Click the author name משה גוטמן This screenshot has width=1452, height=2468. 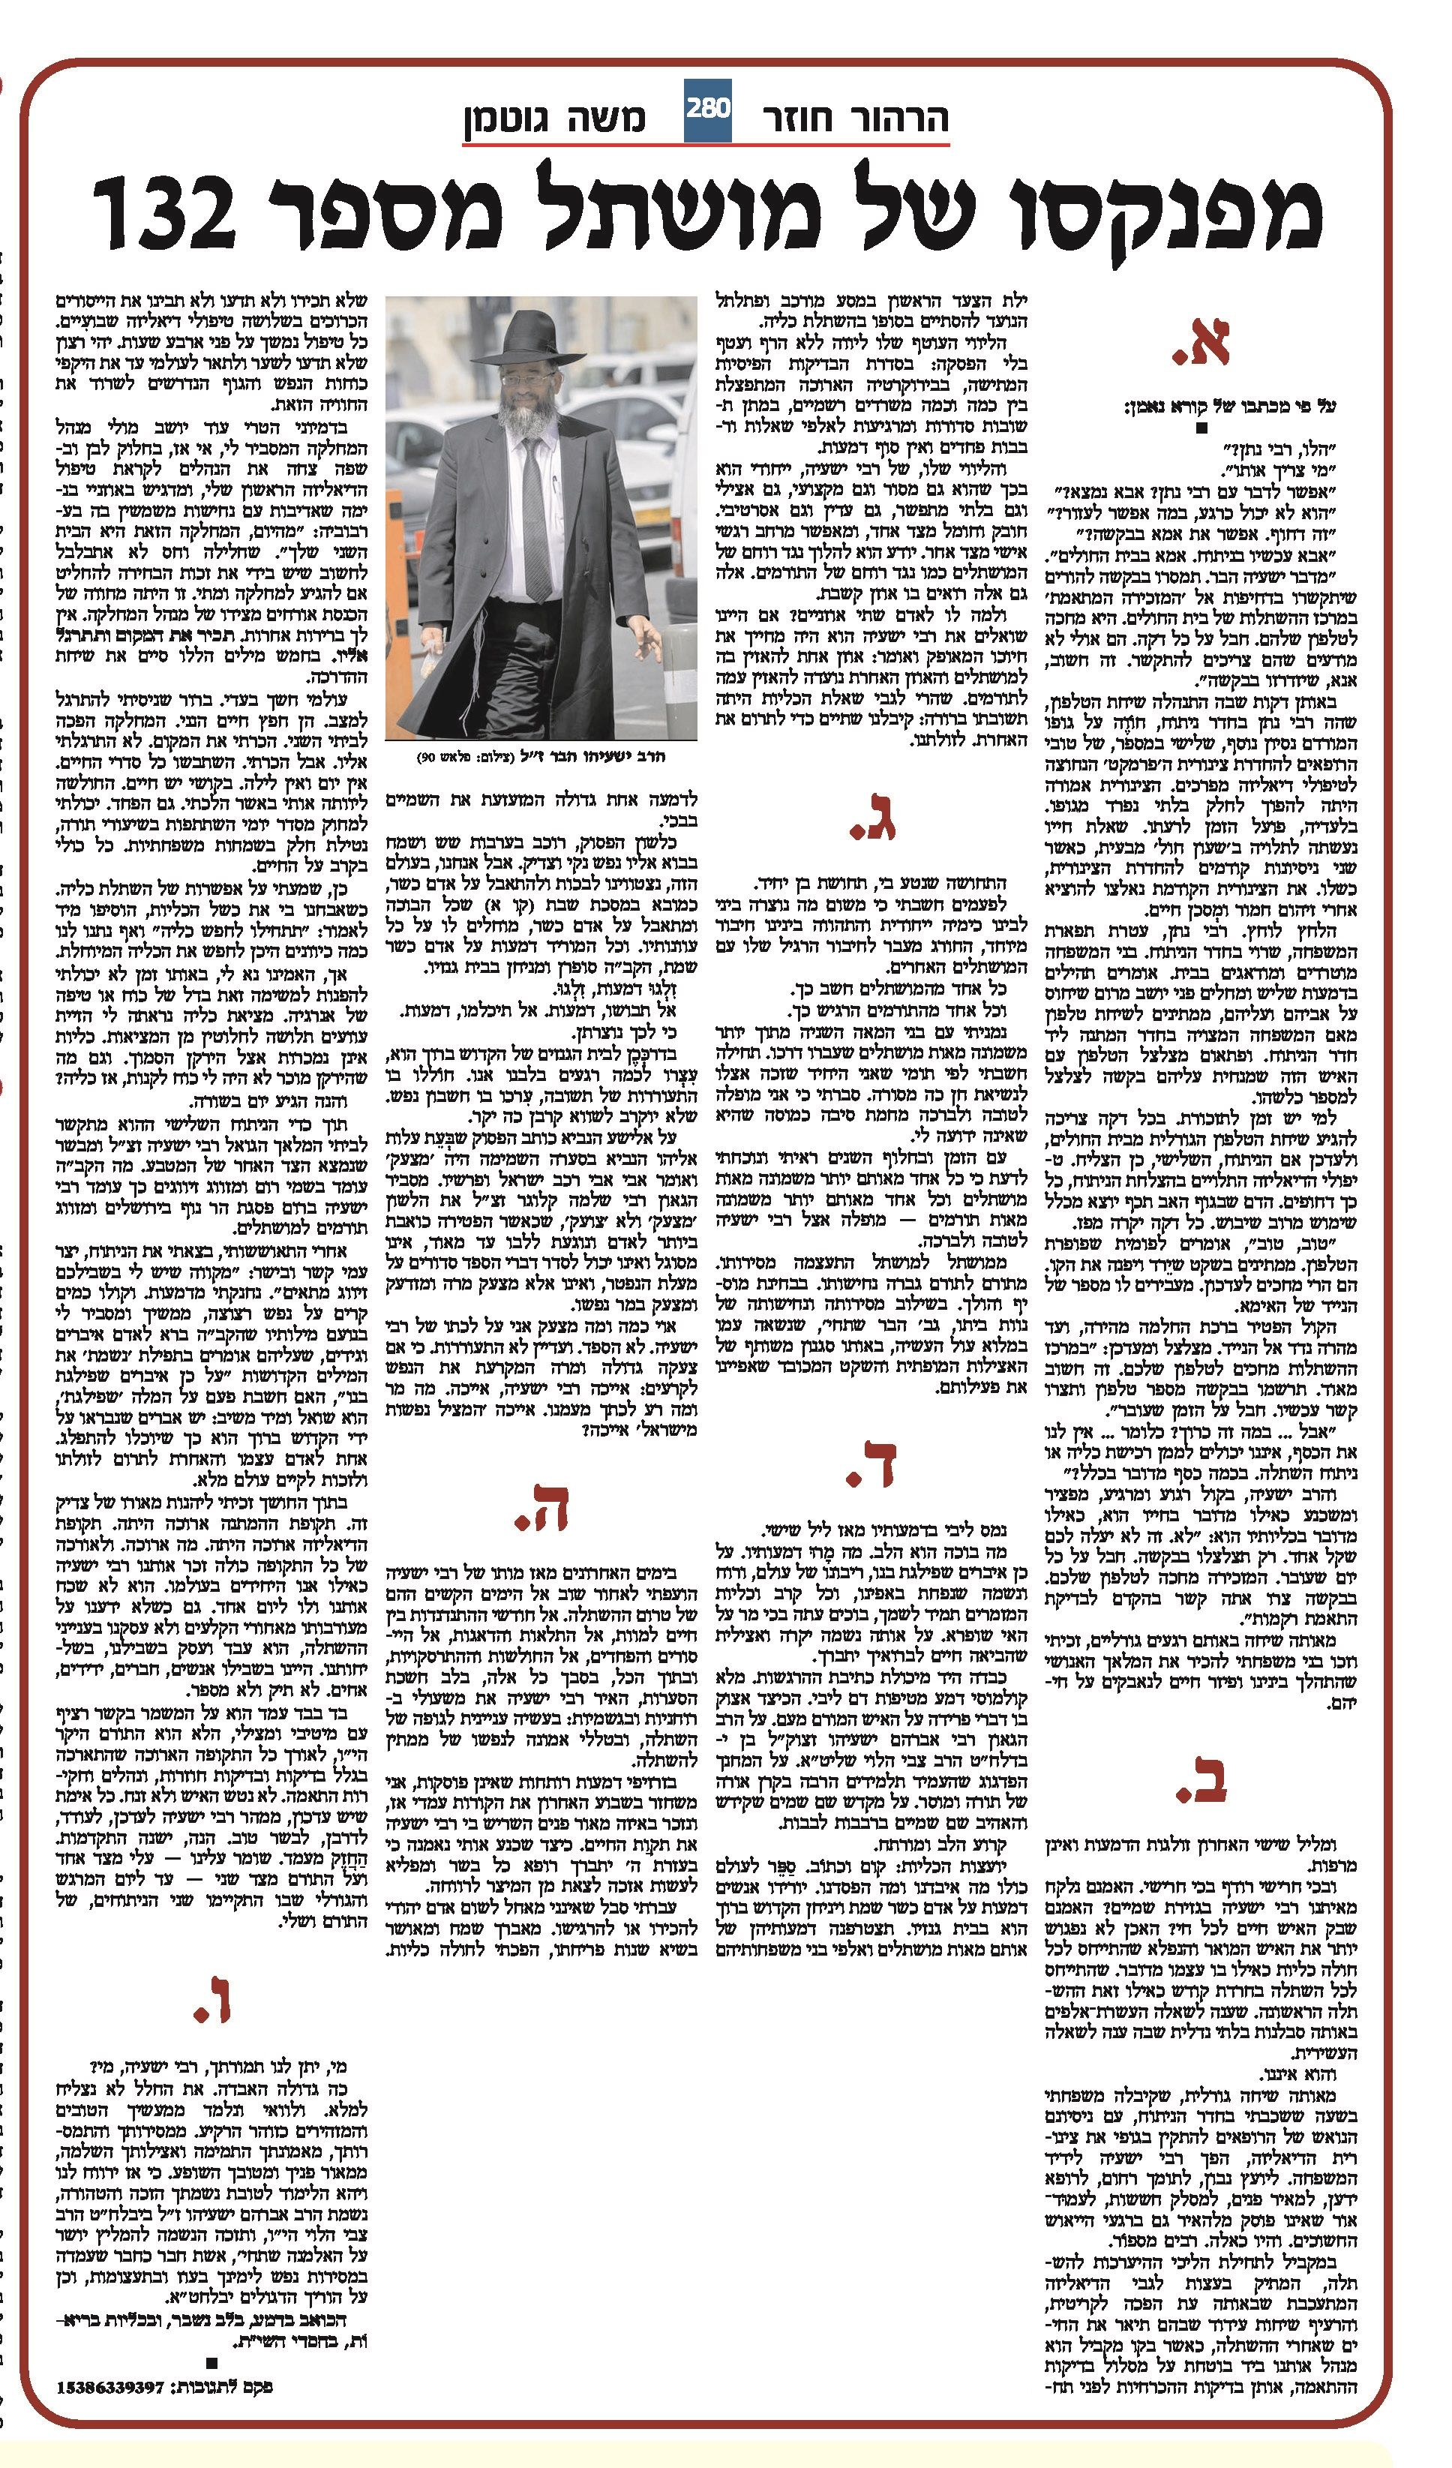554,119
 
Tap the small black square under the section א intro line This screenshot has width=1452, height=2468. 1202,429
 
